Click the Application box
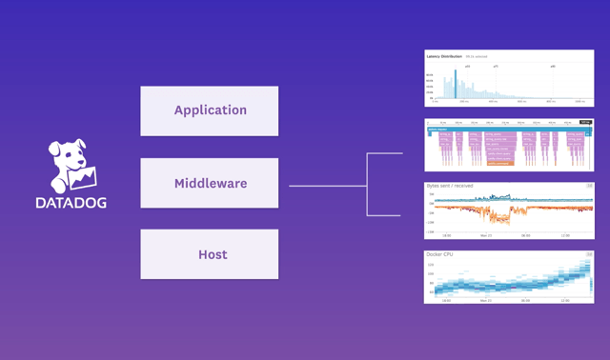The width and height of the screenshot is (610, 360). [x=210, y=110]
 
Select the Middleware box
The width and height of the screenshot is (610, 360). [x=210, y=183]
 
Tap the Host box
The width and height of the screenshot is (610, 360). [x=210, y=254]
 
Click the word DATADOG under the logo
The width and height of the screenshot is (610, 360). [x=71, y=202]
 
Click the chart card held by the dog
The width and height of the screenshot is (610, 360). [x=85, y=177]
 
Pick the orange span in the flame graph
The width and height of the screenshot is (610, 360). [x=499, y=164]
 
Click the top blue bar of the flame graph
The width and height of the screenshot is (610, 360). [x=505, y=129]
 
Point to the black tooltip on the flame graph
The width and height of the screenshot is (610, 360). [x=585, y=122]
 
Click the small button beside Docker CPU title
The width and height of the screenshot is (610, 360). [x=589, y=254]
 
